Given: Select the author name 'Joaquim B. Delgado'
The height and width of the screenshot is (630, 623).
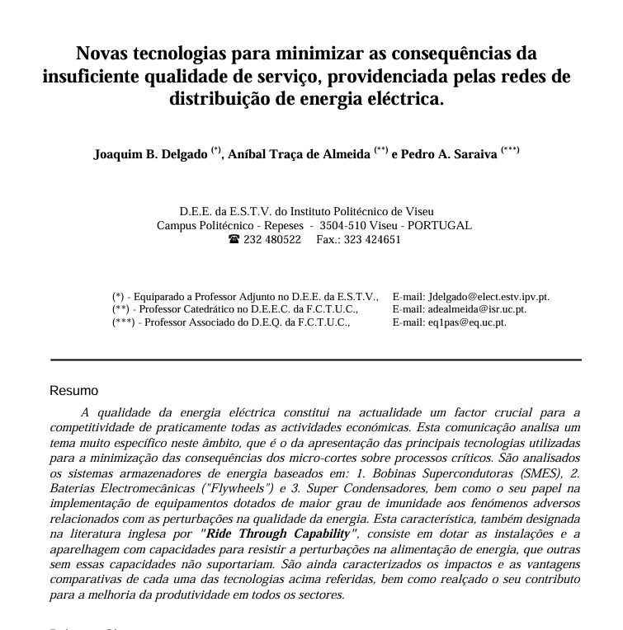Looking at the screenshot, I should click(x=150, y=154).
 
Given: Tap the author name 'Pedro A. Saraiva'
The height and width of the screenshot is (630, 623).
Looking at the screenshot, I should click(x=449, y=154).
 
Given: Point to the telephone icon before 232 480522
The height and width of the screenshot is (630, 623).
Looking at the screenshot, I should click(x=234, y=240).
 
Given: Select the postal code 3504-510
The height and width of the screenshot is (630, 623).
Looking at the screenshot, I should click(x=343, y=225).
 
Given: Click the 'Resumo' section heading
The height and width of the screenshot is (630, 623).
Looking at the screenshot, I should click(x=73, y=391).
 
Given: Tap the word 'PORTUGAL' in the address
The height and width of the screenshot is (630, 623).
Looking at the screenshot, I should click(x=440, y=225).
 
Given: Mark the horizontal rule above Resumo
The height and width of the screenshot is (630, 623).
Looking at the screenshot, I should click(x=315, y=360).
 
